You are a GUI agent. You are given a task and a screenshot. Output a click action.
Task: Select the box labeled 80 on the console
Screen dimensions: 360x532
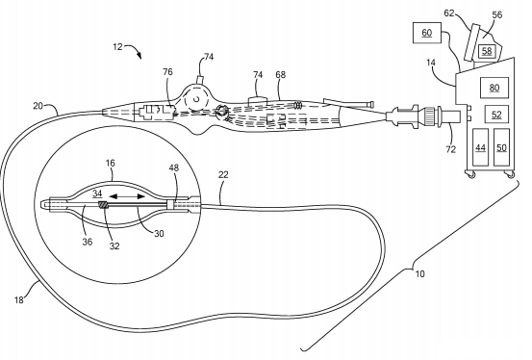coord(494,89)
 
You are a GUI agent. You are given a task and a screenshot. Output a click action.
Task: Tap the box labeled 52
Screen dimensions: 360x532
coord(496,115)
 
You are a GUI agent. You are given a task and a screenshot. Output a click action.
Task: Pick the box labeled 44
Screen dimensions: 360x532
coord(480,149)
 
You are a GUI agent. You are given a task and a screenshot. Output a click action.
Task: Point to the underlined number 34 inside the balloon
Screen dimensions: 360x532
coord(97,194)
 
